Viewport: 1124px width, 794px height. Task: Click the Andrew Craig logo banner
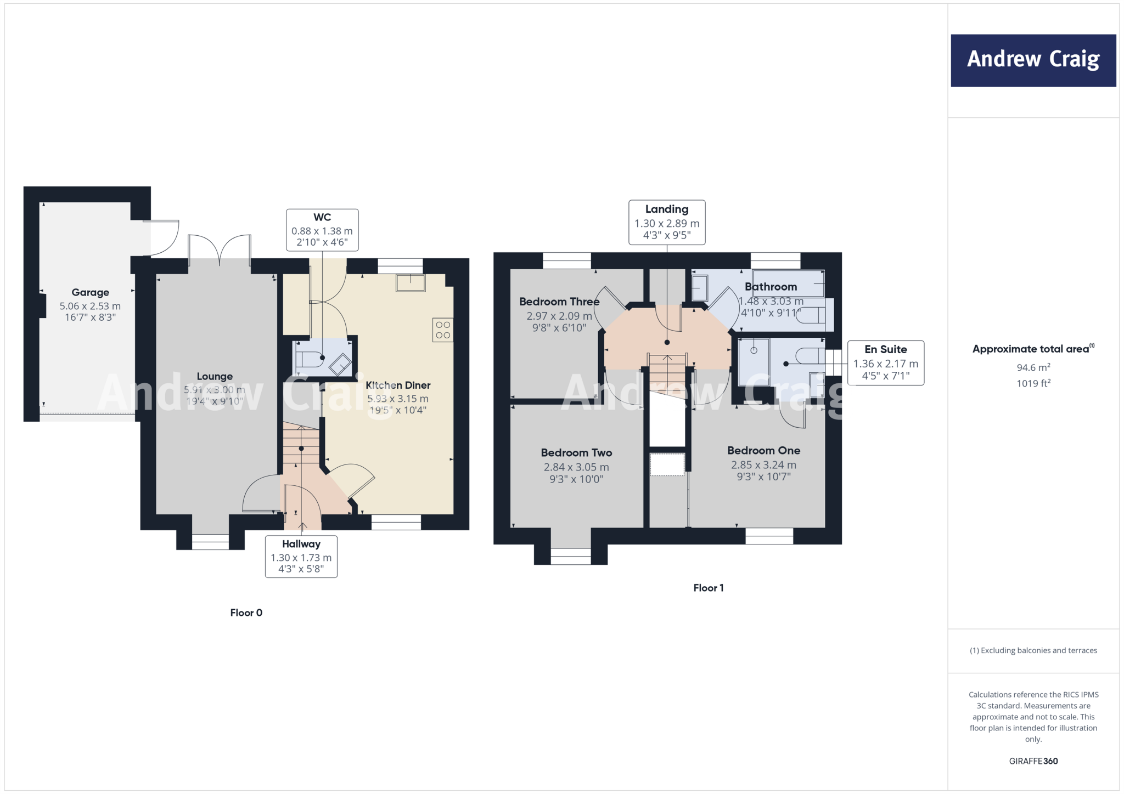click(x=1033, y=60)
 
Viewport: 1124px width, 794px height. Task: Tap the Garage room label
click(x=90, y=292)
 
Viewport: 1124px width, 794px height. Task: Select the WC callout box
click(x=322, y=230)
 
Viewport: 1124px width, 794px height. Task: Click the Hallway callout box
click(x=301, y=556)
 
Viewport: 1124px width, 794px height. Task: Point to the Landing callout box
click(x=666, y=222)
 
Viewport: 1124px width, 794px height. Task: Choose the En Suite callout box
click(x=885, y=362)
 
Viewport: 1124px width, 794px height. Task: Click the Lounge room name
click(x=215, y=376)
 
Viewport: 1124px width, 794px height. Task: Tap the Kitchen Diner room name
click(x=398, y=385)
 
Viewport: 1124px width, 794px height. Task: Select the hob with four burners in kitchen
click(x=443, y=330)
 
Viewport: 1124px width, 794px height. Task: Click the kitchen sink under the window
click(x=411, y=283)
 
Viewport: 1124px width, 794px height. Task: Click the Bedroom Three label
click(x=559, y=302)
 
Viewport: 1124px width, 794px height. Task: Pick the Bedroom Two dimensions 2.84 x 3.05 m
click(x=576, y=467)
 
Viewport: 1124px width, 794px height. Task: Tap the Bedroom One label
click(x=763, y=450)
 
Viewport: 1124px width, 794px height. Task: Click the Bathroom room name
click(x=771, y=286)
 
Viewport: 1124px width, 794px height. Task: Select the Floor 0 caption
click(x=246, y=612)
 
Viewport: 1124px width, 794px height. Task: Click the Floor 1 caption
click(x=708, y=588)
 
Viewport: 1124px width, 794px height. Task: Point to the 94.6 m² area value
click(x=1033, y=367)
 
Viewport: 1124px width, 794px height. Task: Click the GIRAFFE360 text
click(x=1033, y=761)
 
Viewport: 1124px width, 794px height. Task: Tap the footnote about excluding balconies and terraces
click(x=1033, y=650)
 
